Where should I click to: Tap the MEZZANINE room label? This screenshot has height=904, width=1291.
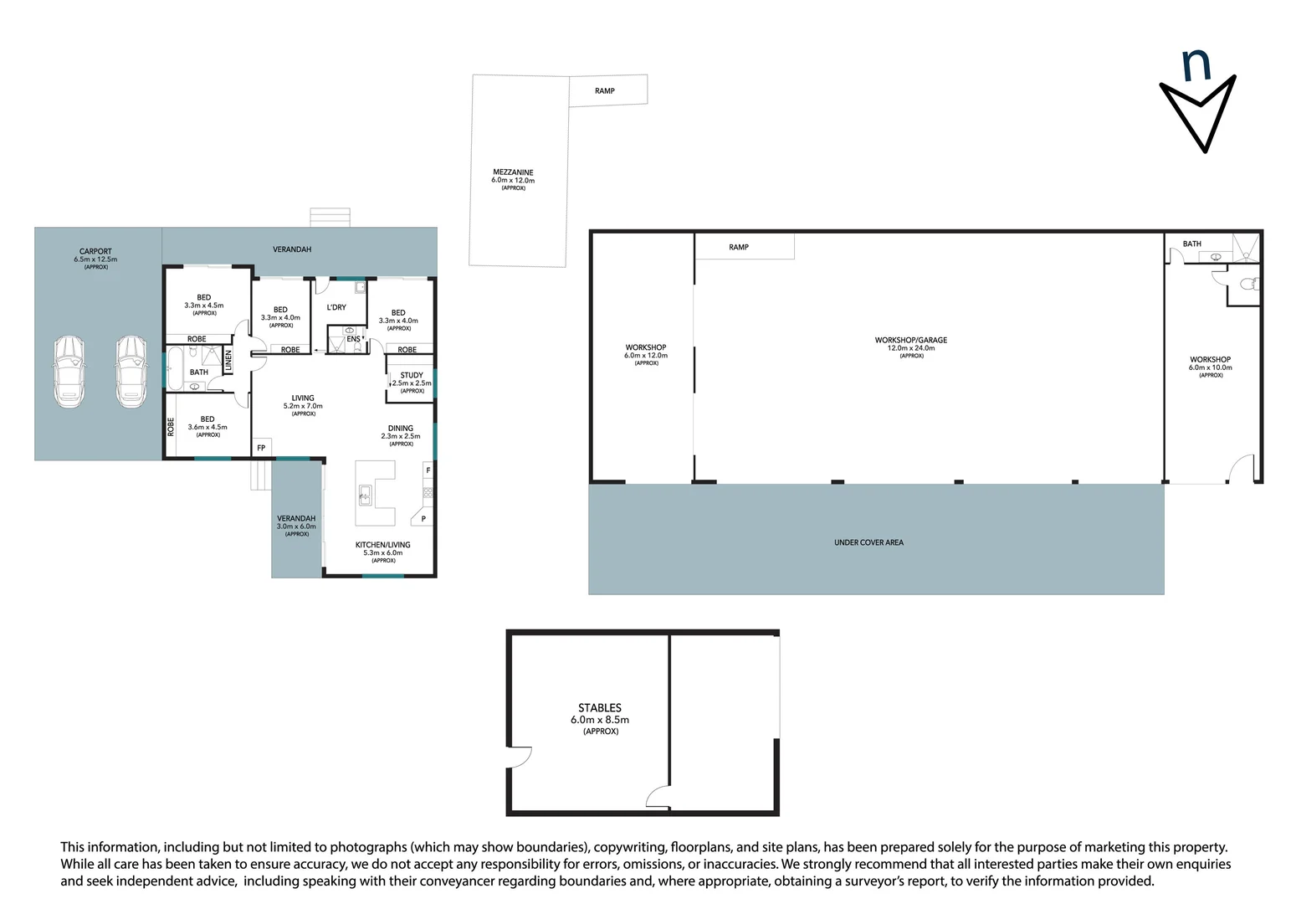(513, 172)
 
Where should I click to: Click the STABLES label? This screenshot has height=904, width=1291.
(600, 707)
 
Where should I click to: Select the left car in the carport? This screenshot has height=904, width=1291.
(69, 372)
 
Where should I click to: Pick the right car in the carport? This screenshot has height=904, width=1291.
(131, 372)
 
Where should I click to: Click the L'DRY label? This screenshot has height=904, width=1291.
(336, 307)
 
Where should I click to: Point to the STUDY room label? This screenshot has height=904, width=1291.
(412, 375)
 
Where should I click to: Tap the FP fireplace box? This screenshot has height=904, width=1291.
(261, 448)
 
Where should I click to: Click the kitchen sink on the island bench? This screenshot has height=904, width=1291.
(365, 494)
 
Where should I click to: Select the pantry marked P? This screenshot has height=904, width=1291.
(423, 516)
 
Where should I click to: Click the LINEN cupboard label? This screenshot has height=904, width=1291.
(228, 360)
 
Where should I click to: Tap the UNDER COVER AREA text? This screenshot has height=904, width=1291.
(868, 542)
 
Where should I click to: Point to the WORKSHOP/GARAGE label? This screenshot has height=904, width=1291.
(910, 340)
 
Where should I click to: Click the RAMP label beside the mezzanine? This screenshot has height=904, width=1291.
(605, 90)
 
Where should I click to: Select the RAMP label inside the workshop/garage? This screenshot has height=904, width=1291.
(738, 247)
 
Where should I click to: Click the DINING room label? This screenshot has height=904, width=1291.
(401, 429)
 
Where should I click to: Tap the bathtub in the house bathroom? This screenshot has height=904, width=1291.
(175, 367)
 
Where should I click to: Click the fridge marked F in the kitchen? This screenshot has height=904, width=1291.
(428, 470)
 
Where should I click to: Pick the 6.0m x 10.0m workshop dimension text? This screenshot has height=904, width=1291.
(1211, 367)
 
